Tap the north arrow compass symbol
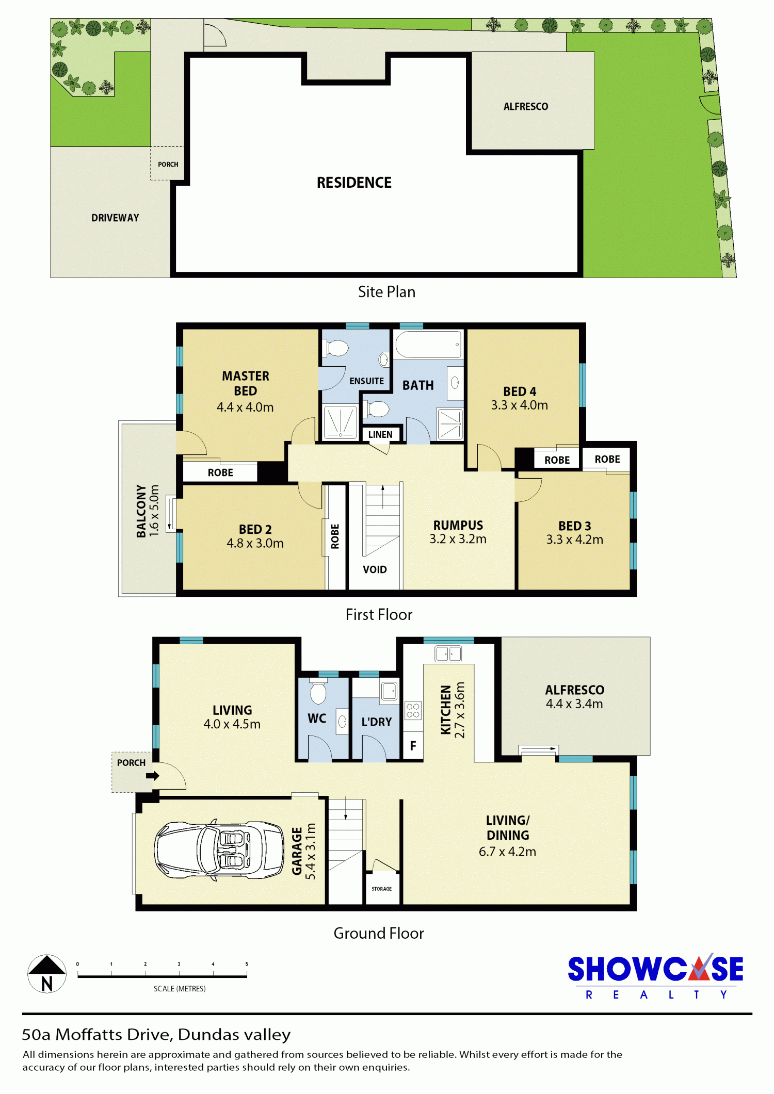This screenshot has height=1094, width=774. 47,974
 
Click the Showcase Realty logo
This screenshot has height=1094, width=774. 655,976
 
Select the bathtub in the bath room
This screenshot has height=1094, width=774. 428,345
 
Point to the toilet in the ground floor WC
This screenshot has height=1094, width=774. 318,692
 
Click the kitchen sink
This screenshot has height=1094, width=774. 448,654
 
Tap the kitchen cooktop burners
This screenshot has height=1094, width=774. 413,710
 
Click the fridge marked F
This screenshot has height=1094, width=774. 413,745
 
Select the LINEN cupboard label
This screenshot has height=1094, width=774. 380,434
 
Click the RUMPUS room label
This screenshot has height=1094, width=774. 458,525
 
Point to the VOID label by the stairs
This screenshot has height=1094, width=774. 375,569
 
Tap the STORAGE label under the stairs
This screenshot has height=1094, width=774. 382,889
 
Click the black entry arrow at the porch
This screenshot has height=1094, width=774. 153,775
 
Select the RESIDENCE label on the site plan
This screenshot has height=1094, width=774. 354,183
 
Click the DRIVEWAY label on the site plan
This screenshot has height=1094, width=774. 115,218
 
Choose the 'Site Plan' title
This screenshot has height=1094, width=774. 386,292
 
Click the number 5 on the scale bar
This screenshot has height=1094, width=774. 247,964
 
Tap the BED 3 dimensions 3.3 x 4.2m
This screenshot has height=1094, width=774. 574,540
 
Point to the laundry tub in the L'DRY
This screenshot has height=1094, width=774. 389,690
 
